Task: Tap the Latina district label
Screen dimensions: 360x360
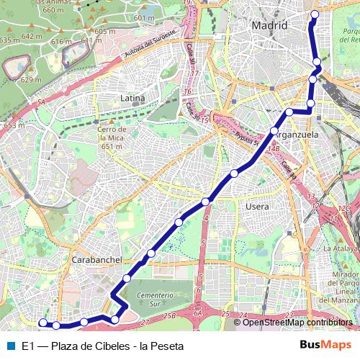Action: [132, 98]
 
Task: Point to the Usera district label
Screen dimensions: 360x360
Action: [258, 207]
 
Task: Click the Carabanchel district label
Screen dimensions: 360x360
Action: [95, 259]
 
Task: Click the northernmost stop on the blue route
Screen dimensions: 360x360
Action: [314, 14]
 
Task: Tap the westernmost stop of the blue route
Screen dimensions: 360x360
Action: [42, 323]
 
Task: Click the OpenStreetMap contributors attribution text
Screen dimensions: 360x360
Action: [298, 322]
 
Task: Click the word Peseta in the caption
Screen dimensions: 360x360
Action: [168, 346]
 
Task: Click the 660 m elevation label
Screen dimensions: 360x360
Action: [53, 11]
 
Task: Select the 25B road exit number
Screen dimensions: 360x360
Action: [169, 315]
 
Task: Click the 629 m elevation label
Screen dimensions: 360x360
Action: [31, 80]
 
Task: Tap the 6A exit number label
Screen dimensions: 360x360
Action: [198, 314]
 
